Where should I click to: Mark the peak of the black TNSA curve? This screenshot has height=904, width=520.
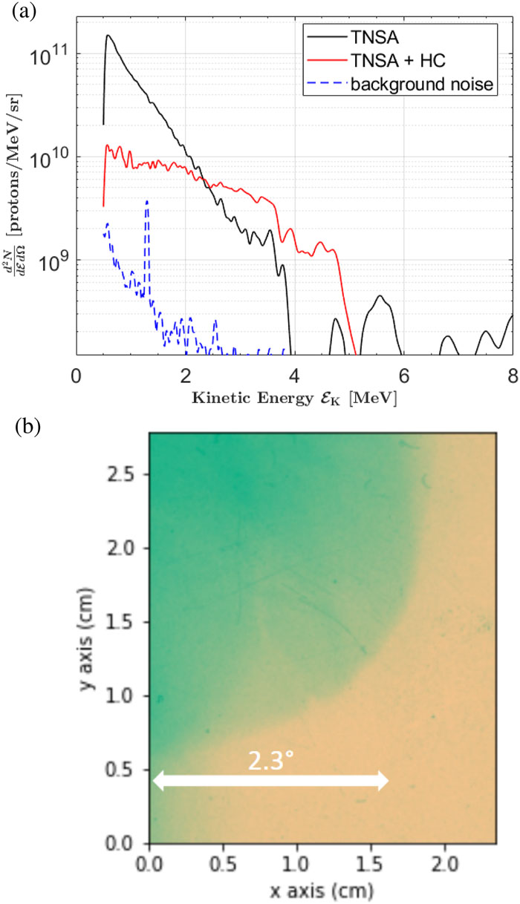click(108, 36)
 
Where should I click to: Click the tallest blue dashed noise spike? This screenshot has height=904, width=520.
click(147, 201)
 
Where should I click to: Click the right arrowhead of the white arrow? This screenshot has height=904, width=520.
click(384, 780)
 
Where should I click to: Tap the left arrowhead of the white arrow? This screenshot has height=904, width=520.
click(156, 780)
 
